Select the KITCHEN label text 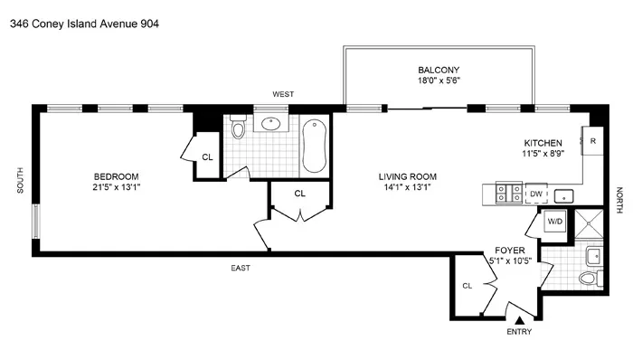(x=543, y=143)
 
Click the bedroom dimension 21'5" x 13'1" (x=117, y=188)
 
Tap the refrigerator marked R (x=593, y=141)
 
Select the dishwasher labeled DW (x=535, y=194)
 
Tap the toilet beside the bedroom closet (x=238, y=132)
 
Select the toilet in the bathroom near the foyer (x=590, y=277)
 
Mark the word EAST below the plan (x=239, y=268)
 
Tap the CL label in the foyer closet (x=468, y=286)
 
